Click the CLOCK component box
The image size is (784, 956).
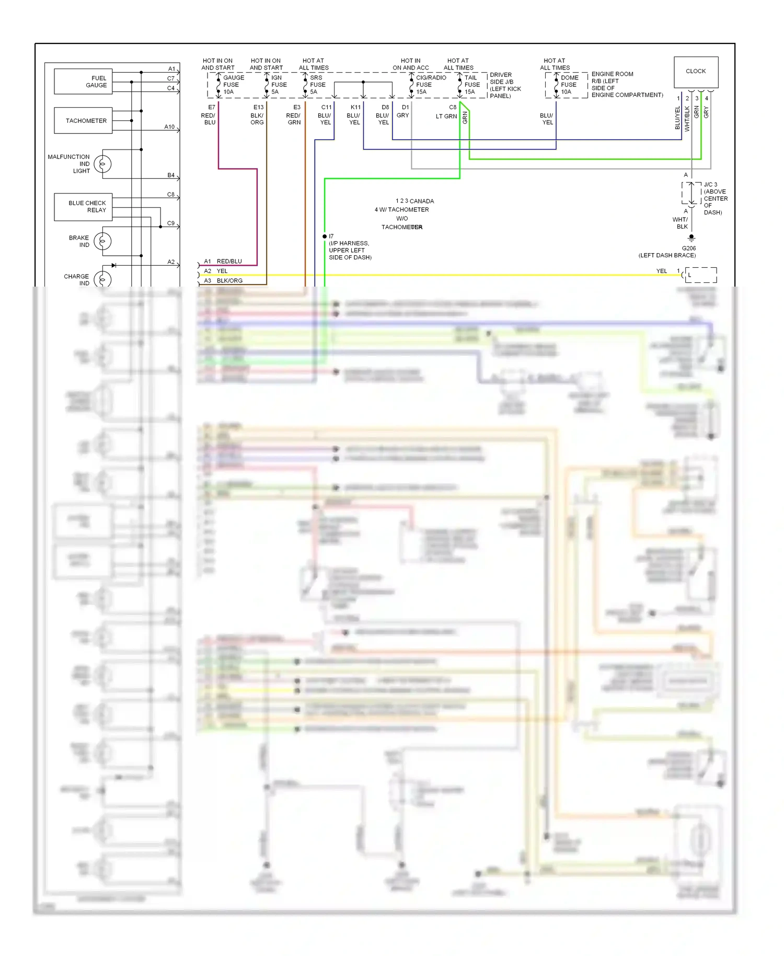(x=696, y=72)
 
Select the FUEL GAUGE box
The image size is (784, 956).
(x=83, y=82)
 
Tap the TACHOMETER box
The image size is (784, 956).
(x=83, y=121)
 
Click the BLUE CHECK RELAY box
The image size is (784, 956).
(x=83, y=207)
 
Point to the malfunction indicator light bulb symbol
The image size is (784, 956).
(x=102, y=164)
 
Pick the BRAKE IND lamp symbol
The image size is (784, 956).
(x=102, y=241)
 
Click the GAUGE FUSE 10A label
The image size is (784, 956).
(x=233, y=85)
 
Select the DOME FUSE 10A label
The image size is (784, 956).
(x=569, y=85)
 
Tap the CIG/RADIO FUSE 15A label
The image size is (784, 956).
(x=430, y=85)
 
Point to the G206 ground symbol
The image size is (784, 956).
(x=691, y=238)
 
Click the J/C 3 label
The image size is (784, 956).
(x=710, y=185)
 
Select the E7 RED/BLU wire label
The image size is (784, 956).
(x=209, y=115)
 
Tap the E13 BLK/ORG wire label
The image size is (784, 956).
(x=258, y=115)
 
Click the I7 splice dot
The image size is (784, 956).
(x=325, y=236)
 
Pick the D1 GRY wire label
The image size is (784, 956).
(x=403, y=111)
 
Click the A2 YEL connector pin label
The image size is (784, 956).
(x=215, y=271)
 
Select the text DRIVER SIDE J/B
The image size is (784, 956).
(x=501, y=78)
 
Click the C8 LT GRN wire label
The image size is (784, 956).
(x=448, y=112)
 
